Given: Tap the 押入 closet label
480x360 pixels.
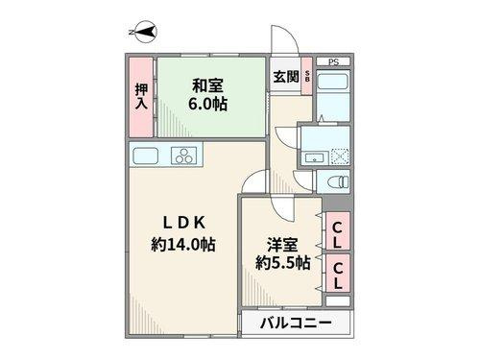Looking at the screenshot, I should [x=140, y=93].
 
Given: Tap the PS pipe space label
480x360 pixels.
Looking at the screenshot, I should [x=333, y=62].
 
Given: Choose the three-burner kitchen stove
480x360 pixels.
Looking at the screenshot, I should [x=185, y=156].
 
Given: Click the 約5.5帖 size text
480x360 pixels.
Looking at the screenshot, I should [x=282, y=260].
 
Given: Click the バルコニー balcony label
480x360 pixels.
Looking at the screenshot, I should [x=296, y=324].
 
